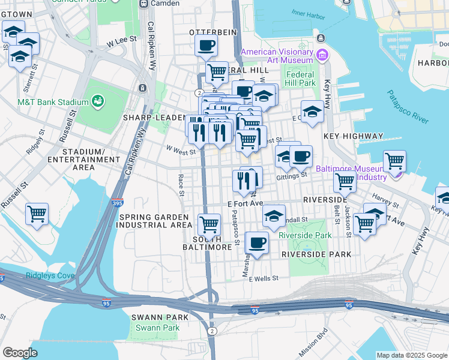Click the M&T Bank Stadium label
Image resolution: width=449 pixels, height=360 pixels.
point(45,102)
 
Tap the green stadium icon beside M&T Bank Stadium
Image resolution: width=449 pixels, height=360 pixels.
point(97,102)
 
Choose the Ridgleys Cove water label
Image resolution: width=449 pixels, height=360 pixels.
point(50,276)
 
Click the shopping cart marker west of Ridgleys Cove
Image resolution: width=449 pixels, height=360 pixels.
point(37,214)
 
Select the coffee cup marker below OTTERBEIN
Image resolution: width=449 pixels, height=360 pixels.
point(206,45)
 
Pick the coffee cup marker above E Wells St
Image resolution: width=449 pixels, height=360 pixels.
point(257,243)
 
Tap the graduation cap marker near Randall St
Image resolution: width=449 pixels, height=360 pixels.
point(274,217)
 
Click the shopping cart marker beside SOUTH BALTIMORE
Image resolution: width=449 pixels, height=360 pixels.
point(209,224)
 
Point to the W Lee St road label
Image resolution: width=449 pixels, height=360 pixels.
point(119,43)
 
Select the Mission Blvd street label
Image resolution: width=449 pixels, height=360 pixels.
point(313,340)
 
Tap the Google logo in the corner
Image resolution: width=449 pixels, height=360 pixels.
point(20,352)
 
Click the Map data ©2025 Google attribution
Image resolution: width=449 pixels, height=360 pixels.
point(412,355)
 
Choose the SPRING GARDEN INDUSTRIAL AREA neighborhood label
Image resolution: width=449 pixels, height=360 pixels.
point(155,221)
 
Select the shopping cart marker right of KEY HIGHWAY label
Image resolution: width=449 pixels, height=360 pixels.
point(394,161)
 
